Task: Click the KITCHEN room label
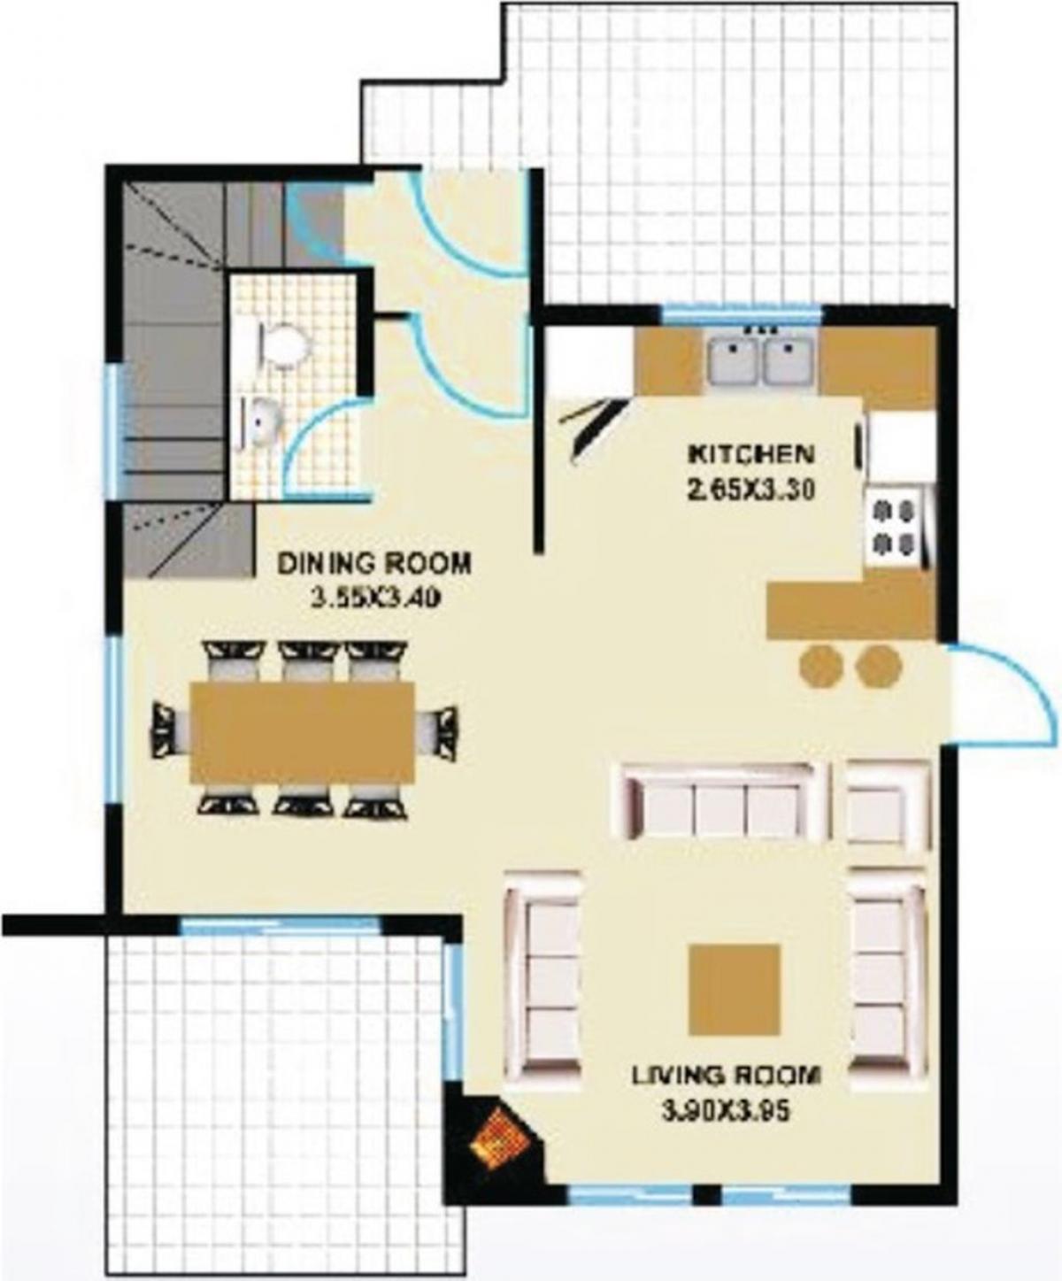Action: [752, 455]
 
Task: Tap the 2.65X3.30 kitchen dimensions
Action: [752, 490]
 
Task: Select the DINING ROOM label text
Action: [375, 564]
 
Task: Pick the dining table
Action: [303, 732]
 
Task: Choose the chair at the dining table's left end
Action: [165, 732]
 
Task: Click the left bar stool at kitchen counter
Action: [820, 665]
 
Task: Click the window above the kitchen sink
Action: [741, 313]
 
